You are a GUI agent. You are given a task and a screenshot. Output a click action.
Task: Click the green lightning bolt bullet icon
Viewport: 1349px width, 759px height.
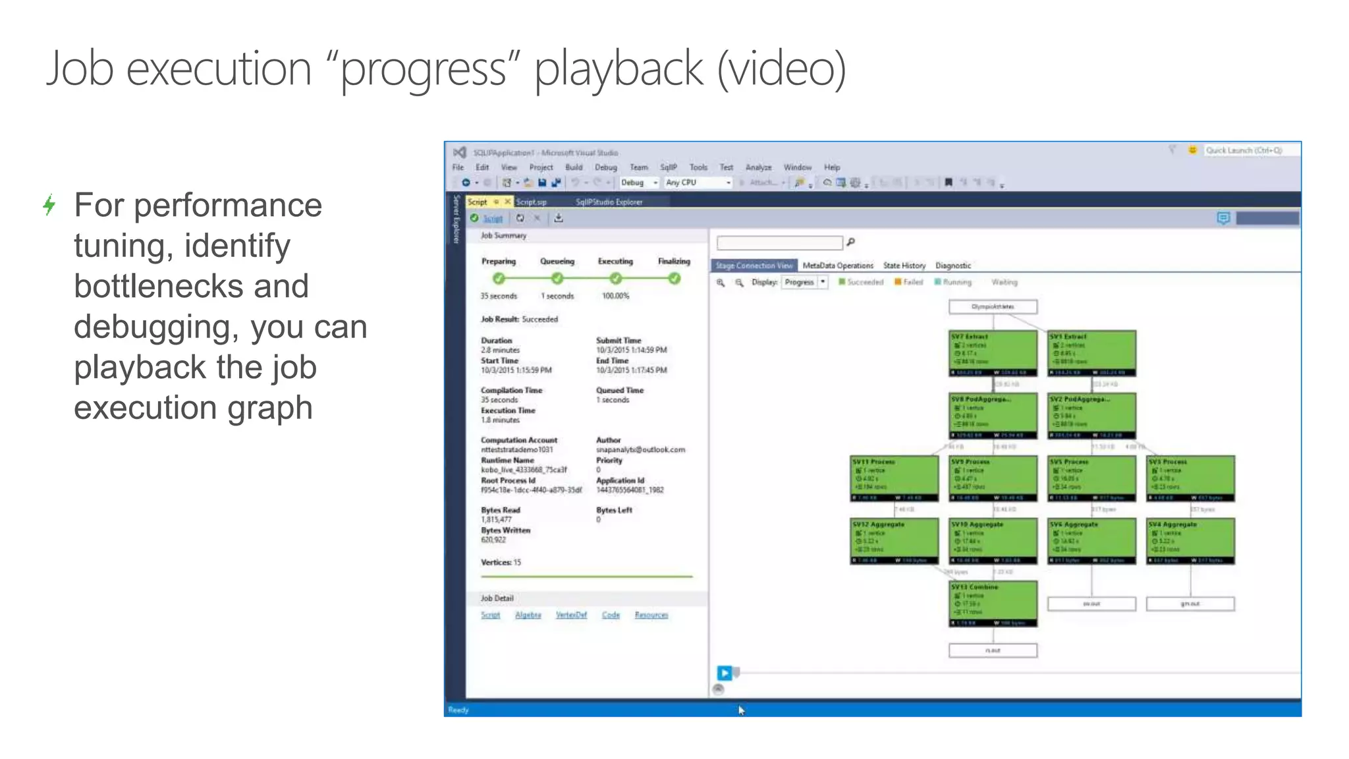pyautogui.click(x=49, y=205)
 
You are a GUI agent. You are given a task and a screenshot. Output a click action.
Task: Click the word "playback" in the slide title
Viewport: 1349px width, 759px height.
pyautogui.click(x=619, y=69)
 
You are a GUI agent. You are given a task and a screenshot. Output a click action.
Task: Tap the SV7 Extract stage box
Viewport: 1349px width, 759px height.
pyautogui.click(x=993, y=353)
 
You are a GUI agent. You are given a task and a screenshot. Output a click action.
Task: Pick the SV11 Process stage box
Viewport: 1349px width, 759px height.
pyautogui.click(x=894, y=478)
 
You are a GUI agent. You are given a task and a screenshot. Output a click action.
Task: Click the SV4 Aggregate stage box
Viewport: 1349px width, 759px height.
pyautogui.click(x=1190, y=541)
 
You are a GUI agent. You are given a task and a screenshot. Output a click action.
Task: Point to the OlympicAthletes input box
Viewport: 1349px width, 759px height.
pyautogui.click(x=993, y=306)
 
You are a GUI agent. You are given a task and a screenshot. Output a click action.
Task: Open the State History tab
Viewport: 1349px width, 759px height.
pyautogui.click(x=904, y=266)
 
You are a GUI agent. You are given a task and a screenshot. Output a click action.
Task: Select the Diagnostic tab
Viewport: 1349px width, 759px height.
pyautogui.click(x=952, y=266)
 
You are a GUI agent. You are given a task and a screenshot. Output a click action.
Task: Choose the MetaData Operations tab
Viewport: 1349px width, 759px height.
pyautogui.click(x=837, y=266)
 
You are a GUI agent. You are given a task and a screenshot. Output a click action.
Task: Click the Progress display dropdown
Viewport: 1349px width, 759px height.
pyautogui.click(x=804, y=282)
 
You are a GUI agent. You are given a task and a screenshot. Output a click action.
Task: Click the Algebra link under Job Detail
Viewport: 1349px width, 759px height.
pyautogui.click(x=528, y=615)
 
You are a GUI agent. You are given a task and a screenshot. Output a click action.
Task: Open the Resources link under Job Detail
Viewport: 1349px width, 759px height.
pyautogui.click(x=651, y=615)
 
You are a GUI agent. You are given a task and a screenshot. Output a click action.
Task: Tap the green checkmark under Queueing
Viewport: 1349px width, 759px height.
pyautogui.click(x=557, y=279)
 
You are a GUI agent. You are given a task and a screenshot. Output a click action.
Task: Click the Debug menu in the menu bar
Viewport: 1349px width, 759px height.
pyautogui.click(x=605, y=167)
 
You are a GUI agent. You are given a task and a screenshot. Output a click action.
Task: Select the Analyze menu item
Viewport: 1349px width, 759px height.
pyautogui.click(x=758, y=167)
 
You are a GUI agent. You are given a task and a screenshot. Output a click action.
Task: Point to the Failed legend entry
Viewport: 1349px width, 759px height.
pyautogui.click(x=908, y=282)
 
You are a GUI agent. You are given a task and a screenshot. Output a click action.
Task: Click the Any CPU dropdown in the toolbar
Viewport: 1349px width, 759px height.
pyautogui.click(x=697, y=183)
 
